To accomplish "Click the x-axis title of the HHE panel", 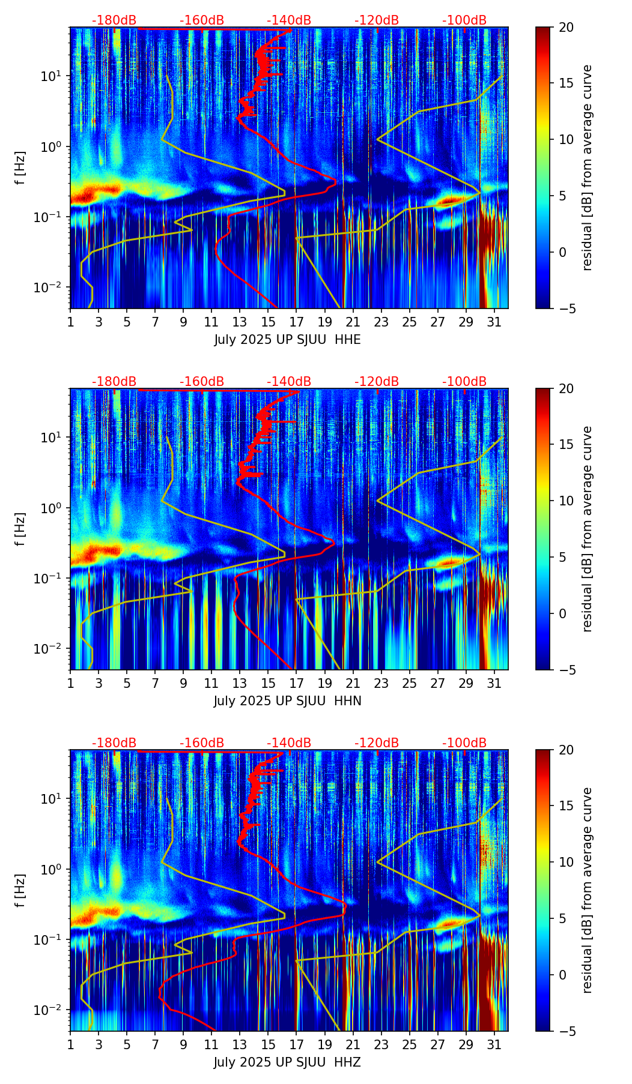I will (x=287, y=340).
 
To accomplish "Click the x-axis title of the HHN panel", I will (x=287, y=701).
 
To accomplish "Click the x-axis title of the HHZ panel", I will (x=287, y=1062).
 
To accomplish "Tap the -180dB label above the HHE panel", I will (x=114, y=20).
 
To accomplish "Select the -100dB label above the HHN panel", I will (x=464, y=382).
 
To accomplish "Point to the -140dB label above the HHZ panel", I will (x=289, y=743).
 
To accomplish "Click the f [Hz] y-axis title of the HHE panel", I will (x=20, y=168).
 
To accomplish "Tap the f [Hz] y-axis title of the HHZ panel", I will (x=20, y=891).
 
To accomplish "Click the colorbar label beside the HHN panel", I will (x=588, y=529).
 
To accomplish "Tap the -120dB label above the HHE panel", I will (x=377, y=20).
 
